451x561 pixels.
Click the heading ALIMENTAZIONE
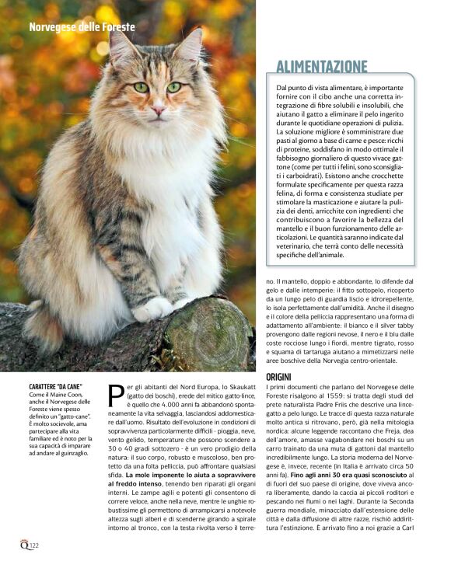(332, 66)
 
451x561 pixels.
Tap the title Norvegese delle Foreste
(82, 27)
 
